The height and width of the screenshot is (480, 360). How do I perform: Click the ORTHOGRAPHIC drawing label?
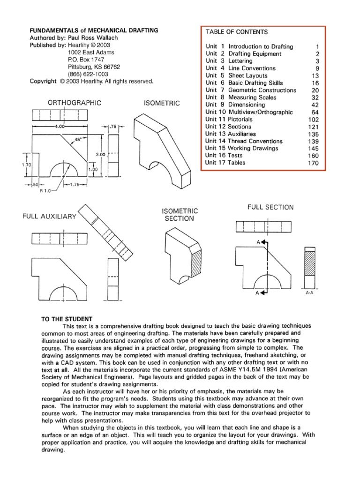tap(75, 102)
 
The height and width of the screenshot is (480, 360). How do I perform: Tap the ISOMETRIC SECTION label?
tap(180, 215)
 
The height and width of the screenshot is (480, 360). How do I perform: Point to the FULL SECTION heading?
tap(270, 207)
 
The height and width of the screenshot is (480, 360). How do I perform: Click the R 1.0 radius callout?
tap(46, 191)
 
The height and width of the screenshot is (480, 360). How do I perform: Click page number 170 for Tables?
tap(313, 163)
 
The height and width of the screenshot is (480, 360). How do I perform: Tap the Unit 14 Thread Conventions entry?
tap(244, 141)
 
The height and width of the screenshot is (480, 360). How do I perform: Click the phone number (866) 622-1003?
tap(89, 74)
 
